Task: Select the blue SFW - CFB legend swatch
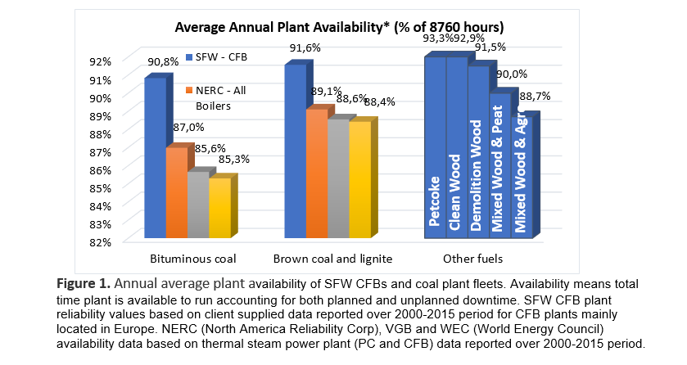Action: click(188, 56)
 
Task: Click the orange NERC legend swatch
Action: click(188, 89)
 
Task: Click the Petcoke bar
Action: click(435, 147)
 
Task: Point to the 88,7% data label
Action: click(536, 97)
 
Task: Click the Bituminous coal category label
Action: click(192, 259)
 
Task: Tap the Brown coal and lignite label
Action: click(333, 259)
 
